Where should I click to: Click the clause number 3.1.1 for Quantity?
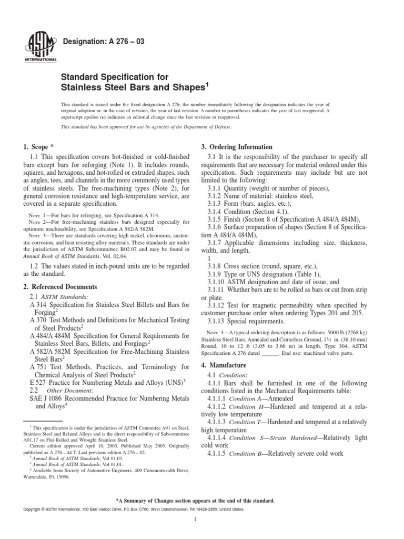tap(215, 188)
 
